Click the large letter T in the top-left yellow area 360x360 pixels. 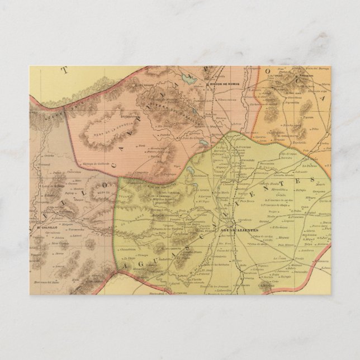pyautogui.click(x=64, y=70)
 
